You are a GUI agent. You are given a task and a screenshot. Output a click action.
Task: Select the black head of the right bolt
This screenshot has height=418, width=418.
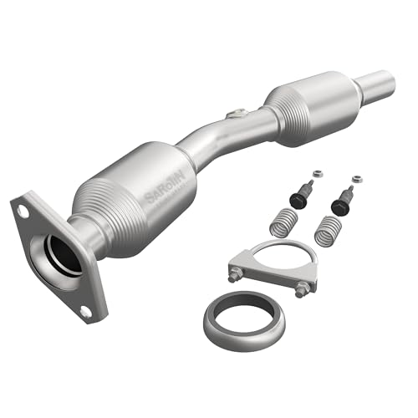point(339,202)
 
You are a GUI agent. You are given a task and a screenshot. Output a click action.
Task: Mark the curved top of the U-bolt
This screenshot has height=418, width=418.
point(276,245)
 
